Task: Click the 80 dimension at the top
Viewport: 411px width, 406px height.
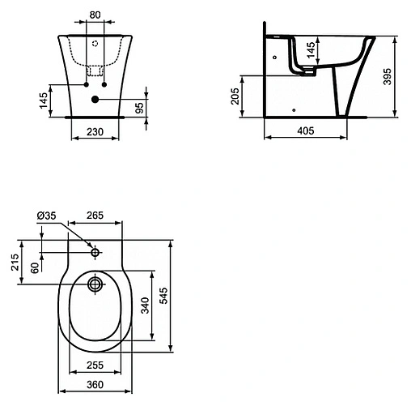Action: [x=95, y=15]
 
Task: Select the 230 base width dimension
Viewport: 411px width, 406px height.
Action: [x=95, y=132]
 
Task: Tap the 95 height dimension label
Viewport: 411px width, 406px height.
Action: [x=139, y=108]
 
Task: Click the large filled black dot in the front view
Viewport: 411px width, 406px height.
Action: [x=95, y=100]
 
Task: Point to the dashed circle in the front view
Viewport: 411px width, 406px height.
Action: [x=95, y=44]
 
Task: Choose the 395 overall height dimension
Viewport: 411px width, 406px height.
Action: [x=388, y=77]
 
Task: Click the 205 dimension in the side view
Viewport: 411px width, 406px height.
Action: [x=235, y=96]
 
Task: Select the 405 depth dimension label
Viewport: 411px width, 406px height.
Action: [x=306, y=130]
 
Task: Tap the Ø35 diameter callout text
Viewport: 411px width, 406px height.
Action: [x=46, y=216]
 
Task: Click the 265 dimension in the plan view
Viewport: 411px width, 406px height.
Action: [x=95, y=216]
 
